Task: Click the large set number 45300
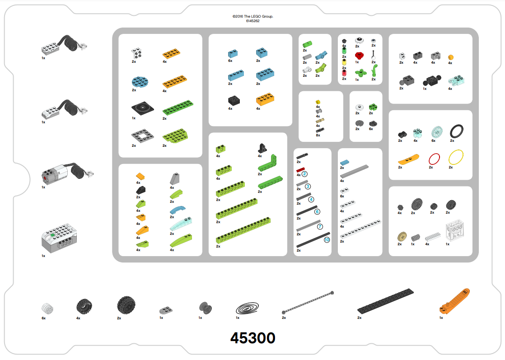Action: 253,338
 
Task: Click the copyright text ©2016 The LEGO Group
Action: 253,16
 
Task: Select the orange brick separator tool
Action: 454,301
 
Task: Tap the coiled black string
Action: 247,308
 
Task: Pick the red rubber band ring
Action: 434,159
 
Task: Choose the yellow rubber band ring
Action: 456,158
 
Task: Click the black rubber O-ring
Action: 456,131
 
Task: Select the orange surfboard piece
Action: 408,159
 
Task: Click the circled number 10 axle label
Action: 327,239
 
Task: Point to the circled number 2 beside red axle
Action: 304,174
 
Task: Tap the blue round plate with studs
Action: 140,82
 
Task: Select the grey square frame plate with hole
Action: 142,136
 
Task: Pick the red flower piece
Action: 359,56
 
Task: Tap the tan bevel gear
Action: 402,237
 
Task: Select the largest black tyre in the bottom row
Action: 126,306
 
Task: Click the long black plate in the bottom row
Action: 385,301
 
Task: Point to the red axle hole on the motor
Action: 44,178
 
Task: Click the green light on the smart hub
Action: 52,235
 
